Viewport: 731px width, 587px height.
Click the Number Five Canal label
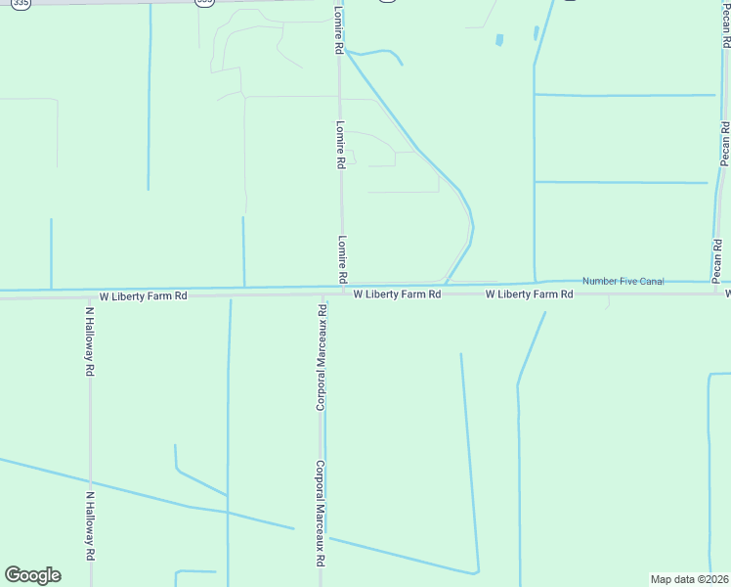(623, 282)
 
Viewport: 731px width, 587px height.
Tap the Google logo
(32, 575)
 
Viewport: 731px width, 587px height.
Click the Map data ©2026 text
(689, 579)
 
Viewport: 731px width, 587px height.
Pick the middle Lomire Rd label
(340, 145)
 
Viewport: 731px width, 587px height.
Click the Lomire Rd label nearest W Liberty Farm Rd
(342, 259)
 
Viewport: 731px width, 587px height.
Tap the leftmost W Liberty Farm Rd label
(143, 295)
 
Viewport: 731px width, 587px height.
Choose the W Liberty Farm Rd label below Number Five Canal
(529, 293)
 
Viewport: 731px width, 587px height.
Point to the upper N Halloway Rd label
(89, 341)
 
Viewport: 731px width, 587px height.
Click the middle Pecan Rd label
(725, 144)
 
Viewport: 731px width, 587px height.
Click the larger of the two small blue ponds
(499, 40)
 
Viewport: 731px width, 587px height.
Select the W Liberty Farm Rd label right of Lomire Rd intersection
(392, 293)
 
